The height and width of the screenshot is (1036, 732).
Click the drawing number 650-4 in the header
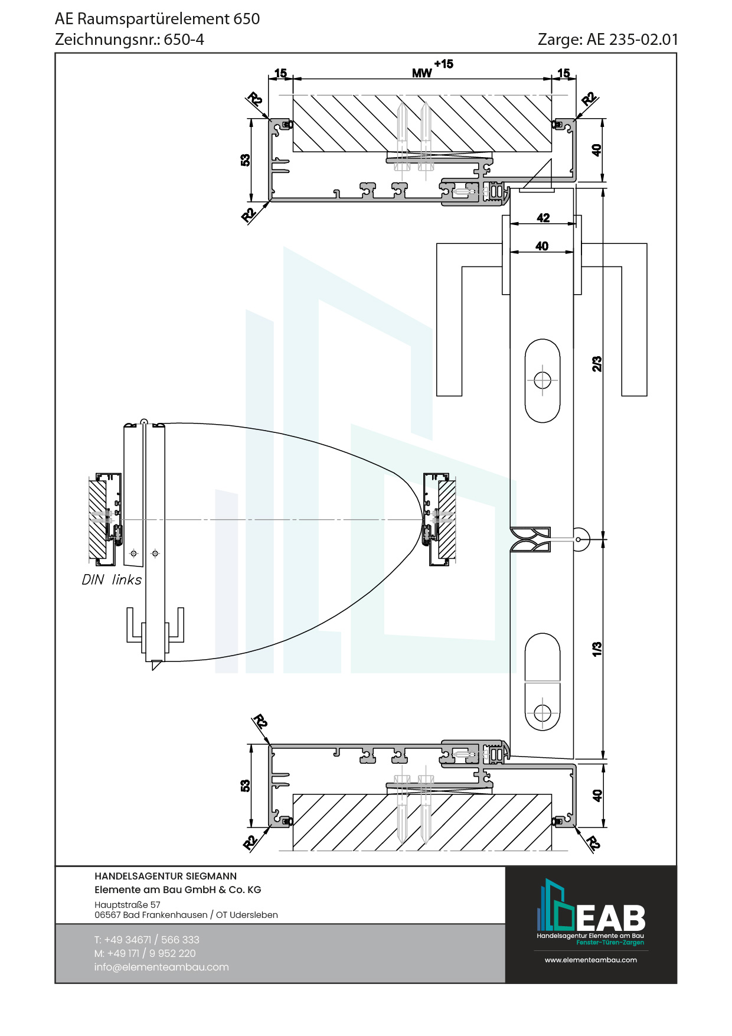pos(184,40)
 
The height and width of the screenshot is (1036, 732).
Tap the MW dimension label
pos(421,73)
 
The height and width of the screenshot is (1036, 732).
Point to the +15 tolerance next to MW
pos(443,64)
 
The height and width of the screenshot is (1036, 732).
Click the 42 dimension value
pos(543,218)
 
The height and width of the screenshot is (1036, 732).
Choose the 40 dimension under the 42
pos(542,246)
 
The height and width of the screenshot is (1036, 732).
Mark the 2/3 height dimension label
pos(597,364)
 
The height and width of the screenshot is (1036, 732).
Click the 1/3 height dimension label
pos(597,649)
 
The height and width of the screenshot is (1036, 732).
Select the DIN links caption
pos(112,580)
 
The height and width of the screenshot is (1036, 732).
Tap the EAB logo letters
pos(610,918)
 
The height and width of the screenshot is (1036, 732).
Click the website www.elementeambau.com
pos(591,960)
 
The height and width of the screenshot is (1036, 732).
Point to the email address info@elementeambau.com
pos(161,967)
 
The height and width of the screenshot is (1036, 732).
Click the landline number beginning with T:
pos(147,940)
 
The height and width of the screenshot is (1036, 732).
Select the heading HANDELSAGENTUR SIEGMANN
pos(165,877)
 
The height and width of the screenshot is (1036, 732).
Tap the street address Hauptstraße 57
pos(128,905)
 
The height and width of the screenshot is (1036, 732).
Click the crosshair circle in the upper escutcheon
pos(543,380)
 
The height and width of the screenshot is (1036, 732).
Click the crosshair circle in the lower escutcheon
pos(543,713)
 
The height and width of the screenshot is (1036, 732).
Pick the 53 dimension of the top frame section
pos(246,160)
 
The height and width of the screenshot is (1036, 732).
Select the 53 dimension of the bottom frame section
pos(246,786)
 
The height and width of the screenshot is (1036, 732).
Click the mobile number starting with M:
pos(145,953)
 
